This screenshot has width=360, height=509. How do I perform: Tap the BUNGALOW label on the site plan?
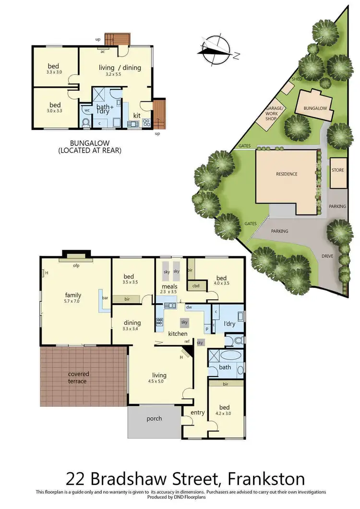tap(315, 108)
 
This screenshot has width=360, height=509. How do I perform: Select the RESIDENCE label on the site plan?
tap(286, 174)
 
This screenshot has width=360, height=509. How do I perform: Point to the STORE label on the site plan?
tap(337, 170)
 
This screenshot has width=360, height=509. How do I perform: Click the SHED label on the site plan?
tap(296, 79)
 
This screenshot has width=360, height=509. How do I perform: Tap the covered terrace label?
tap(78, 378)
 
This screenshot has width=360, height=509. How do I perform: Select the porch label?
tap(154, 418)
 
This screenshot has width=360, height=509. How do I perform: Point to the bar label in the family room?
tap(105, 298)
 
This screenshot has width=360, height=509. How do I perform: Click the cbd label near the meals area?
tap(196, 286)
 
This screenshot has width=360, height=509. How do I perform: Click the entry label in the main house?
tap(197, 413)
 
